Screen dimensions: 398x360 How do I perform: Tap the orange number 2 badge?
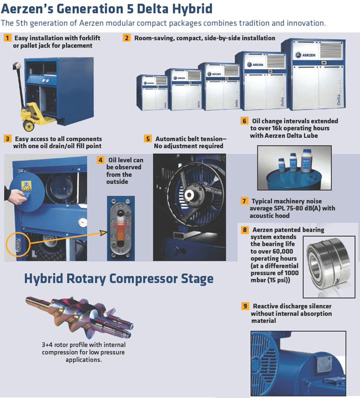127,38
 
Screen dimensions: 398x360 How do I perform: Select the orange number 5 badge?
147,139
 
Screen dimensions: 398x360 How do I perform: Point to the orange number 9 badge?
245,306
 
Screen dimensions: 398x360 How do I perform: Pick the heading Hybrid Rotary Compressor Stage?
119,278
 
